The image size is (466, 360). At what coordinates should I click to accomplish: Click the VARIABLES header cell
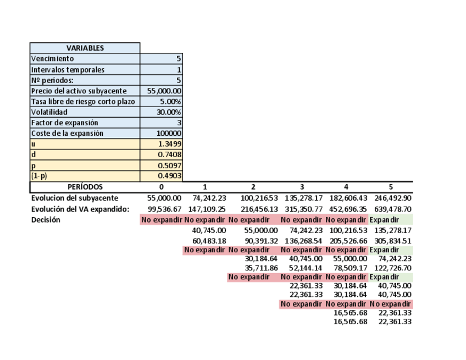pyautogui.click(x=85, y=48)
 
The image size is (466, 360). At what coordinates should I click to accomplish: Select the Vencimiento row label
pyautogui.click(x=53, y=59)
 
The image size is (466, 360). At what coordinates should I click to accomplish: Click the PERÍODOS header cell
pyautogui.click(x=85, y=187)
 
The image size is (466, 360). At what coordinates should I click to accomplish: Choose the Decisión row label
pyautogui.click(x=46, y=220)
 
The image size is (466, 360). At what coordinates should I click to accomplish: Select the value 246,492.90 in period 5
pyautogui.click(x=391, y=198)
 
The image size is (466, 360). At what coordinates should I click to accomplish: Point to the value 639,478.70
pyautogui.click(x=391, y=209)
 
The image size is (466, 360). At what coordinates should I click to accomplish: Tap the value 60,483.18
pyautogui.click(x=207, y=241)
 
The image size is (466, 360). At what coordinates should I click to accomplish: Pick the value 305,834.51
pyautogui.click(x=391, y=241)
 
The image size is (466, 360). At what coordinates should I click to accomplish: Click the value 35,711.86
pyautogui.click(x=261, y=268)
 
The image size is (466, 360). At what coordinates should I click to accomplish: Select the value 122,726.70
pyautogui.click(x=391, y=268)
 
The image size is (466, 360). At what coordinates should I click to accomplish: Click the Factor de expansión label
pyautogui.click(x=65, y=123)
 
